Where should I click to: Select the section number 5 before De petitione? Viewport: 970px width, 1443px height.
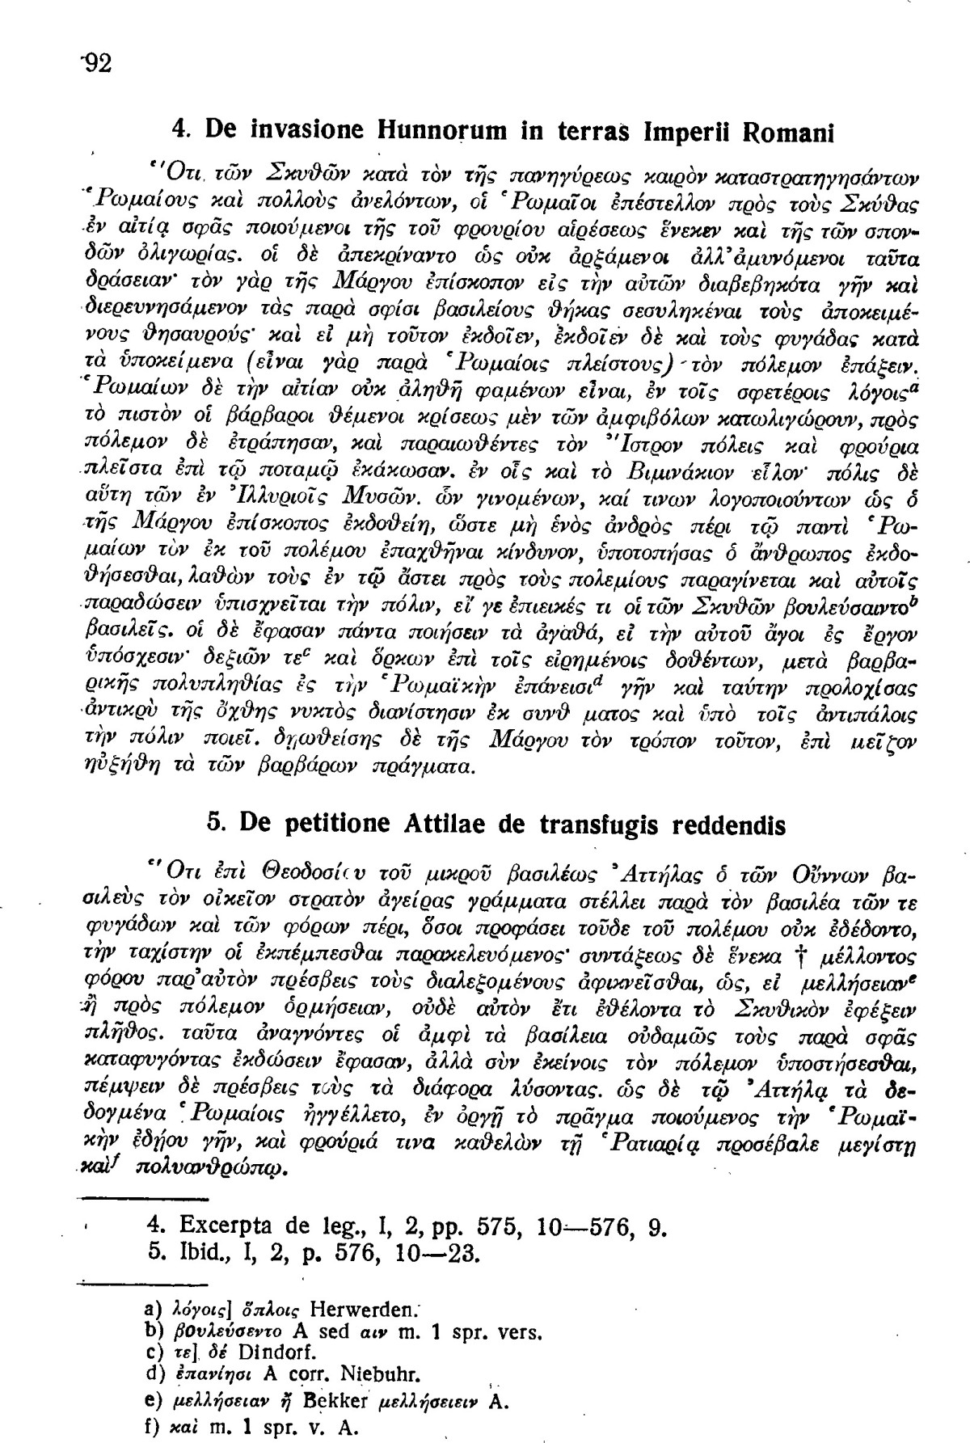tap(215, 825)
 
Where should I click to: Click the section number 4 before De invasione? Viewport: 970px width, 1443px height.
tap(181, 130)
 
